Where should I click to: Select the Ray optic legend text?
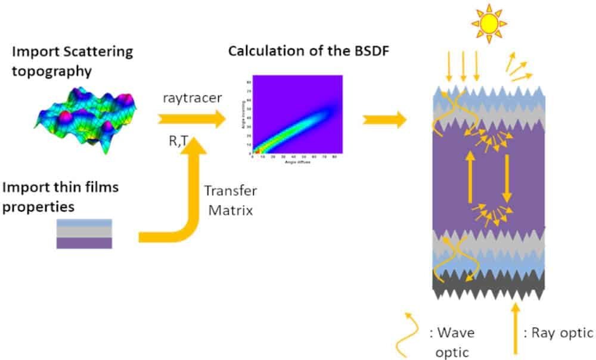point(558,333)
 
